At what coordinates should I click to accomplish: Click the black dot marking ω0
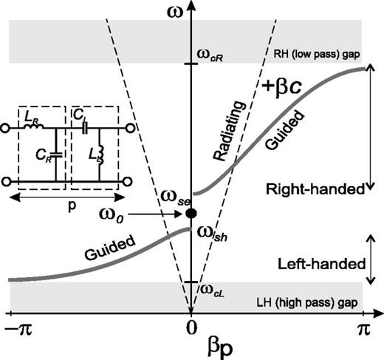[x=191, y=213]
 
